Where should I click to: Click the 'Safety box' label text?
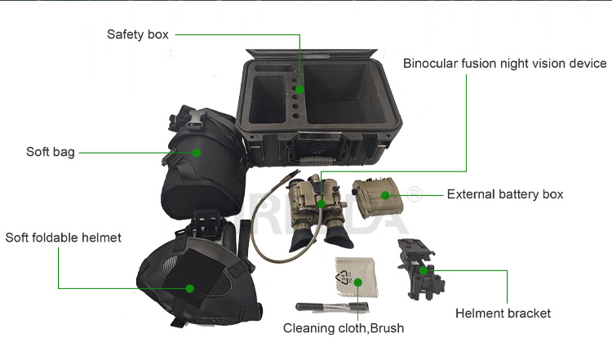coord(138,34)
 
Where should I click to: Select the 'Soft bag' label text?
coord(51,152)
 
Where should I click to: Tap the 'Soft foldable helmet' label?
coord(63,238)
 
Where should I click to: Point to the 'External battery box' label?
coord(505,194)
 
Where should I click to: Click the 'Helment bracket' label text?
coord(503,313)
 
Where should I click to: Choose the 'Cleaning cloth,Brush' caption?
coord(344,328)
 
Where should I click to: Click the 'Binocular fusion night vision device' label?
coord(505,63)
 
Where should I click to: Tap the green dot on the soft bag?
coord(197,152)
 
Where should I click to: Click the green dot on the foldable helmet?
coord(189,288)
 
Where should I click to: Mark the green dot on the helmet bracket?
coord(424,269)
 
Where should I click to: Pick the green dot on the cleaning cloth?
coord(357,282)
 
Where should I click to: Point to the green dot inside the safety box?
coord(299,89)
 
